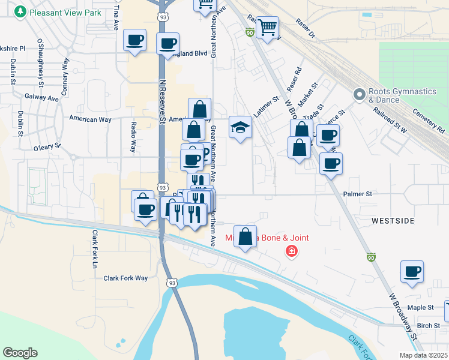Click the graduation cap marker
pyautogui.click(x=240, y=128)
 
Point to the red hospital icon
pyautogui.click(x=292, y=251)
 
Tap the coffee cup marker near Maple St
pyautogui.click(x=412, y=272)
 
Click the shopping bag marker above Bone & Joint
pyautogui.click(x=245, y=236)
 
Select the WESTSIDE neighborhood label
pyautogui.click(x=393, y=221)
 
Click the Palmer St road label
pyautogui.click(x=358, y=194)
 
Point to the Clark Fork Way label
pyautogui.click(x=125, y=278)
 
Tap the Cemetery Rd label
pyautogui.click(x=433, y=123)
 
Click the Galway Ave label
pyautogui.click(x=41, y=97)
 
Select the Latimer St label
pyautogui.click(x=267, y=107)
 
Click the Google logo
pyautogui.click(x=20, y=353)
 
